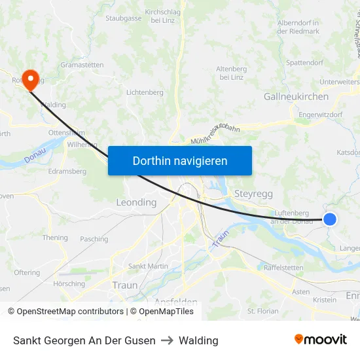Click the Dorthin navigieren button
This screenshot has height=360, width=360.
[x=179, y=160]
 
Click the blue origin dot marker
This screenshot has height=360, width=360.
[x=330, y=220]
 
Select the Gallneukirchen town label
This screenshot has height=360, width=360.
[x=296, y=96]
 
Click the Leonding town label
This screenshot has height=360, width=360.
[x=136, y=202]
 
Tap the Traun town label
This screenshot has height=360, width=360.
[x=125, y=285]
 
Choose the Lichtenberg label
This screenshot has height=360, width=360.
[x=145, y=92]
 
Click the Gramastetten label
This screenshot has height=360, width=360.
[x=82, y=65]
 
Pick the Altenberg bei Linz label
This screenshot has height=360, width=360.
[x=232, y=73]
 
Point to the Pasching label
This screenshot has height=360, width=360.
[x=94, y=240]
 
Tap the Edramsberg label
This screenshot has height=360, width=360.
[x=67, y=171]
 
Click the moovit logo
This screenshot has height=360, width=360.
[x=320, y=340]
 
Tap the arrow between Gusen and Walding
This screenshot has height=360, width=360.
[x=166, y=340]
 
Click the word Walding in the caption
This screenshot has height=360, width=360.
[x=198, y=340]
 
